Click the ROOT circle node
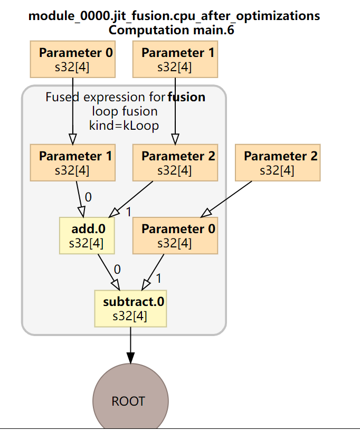pos(128,401)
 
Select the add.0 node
pos(88,235)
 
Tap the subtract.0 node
pos(130,309)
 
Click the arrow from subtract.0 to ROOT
pos(130,345)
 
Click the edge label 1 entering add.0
pos(128,211)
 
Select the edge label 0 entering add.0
pos(88,197)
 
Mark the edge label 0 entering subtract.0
pos(117,269)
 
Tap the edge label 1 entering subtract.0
pos(158,278)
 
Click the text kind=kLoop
pos(124,126)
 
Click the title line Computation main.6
pos(171,30)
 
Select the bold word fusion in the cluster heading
pos(186,97)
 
